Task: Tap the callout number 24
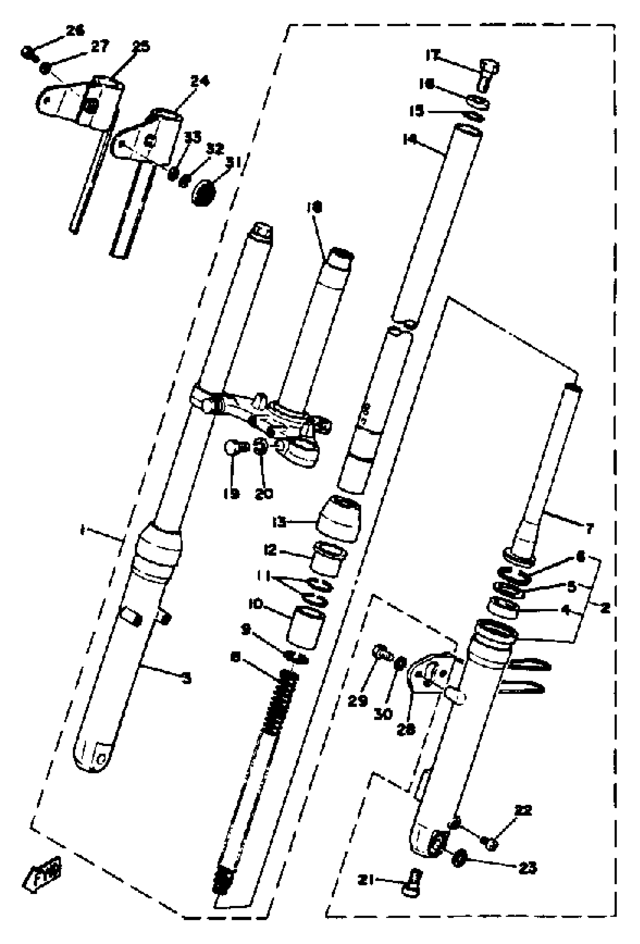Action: pyautogui.click(x=200, y=81)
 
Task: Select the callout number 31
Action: pyautogui.click(x=233, y=163)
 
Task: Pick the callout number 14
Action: pyautogui.click(x=410, y=140)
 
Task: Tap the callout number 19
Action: pyautogui.click(x=231, y=494)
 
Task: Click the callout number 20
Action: pyautogui.click(x=264, y=494)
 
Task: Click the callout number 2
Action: pyautogui.click(x=605, y=608)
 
